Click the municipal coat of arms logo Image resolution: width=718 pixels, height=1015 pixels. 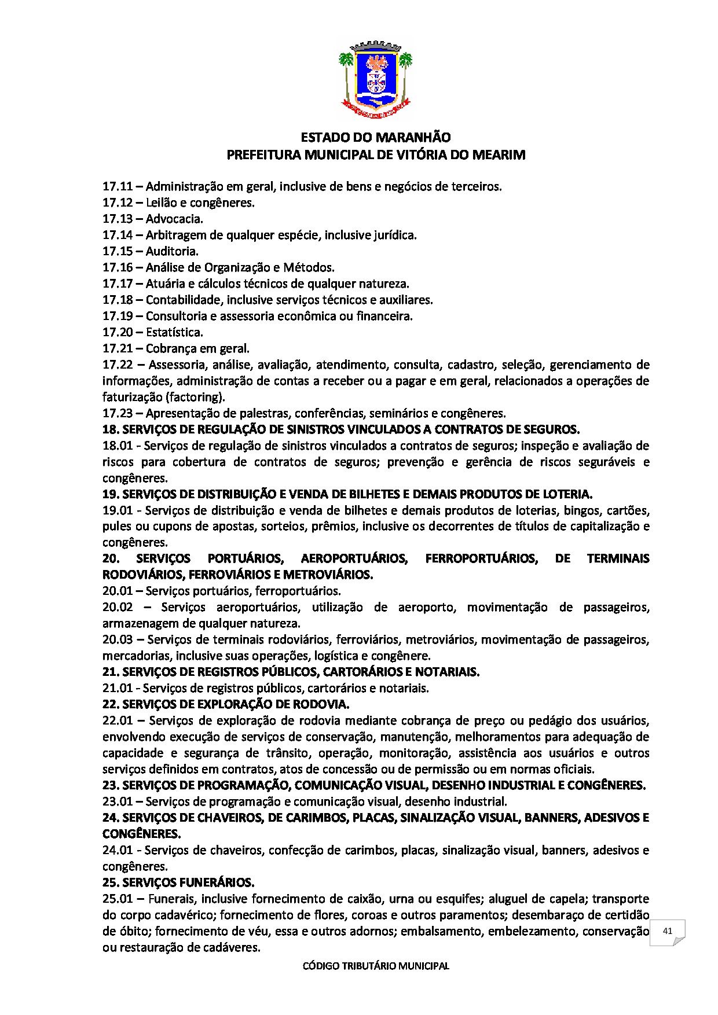click(375, 79)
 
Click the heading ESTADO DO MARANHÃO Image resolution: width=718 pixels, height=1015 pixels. click(375, 138)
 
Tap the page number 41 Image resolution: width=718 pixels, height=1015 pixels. click(667, 931)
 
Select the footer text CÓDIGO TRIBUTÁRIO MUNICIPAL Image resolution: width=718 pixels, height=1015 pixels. click(376, 966)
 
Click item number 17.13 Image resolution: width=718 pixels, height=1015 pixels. click(118, 219)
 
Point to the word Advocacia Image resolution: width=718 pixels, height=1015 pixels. click(174, 219)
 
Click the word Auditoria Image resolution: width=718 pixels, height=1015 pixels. click(172, 251)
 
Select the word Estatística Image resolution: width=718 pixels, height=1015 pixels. click(174, 332)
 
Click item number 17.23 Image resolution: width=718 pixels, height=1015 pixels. click(118, 413)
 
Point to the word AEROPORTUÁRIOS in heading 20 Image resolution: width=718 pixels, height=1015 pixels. click(354, 558)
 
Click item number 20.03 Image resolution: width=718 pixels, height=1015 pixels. click(118, 639)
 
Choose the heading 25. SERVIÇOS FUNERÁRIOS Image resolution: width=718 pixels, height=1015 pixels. click(178, 882)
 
